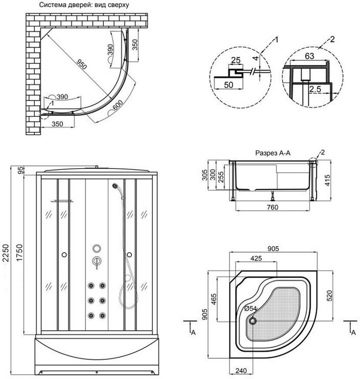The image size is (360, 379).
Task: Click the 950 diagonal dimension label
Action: click(82, 64)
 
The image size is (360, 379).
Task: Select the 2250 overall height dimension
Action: click(6, 253)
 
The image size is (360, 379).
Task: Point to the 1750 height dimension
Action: click(19, 252)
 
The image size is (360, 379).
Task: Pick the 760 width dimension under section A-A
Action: click(272, 207)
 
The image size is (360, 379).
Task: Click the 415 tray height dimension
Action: click(327, 180)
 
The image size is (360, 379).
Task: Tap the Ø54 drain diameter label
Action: click(251, 309)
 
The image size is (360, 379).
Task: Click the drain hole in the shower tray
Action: click(253, 321)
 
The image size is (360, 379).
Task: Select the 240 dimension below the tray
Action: click(241, 370)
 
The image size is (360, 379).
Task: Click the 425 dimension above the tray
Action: click(256, 258)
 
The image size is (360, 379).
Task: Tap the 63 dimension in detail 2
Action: click(309, 56)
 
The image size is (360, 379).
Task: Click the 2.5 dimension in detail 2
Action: click(315, 89)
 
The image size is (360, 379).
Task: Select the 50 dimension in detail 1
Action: click(228, 85)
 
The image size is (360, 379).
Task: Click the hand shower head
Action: click(115, 186)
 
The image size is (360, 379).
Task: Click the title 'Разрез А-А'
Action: click(273, 153)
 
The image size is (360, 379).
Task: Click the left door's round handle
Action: click(64, 254)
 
